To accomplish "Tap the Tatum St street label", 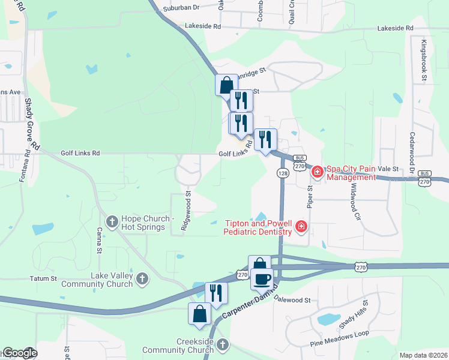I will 43,278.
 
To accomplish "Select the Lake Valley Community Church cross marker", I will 142,278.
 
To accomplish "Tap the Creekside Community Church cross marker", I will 222,344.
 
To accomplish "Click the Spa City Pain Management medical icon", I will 318,173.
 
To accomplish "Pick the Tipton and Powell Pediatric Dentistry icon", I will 301,227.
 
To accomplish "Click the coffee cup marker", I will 262,279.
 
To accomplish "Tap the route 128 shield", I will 282,173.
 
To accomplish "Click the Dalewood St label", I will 292,298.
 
